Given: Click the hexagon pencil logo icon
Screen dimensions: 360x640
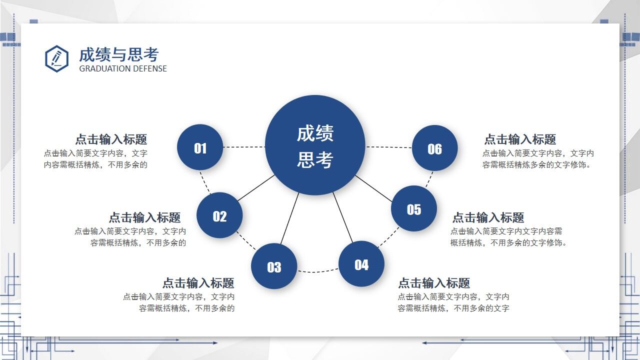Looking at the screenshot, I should click(56, 58).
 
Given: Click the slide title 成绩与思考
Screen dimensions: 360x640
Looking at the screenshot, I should click(118, 54).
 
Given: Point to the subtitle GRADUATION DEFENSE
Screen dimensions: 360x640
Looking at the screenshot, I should click(123, 68).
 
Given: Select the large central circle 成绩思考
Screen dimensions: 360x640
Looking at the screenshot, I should click(315, 145).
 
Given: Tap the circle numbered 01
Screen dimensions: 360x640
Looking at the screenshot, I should click(200, 147).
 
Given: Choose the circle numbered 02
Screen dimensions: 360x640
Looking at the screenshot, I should click(219, 215).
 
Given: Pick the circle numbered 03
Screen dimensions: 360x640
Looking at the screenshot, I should click(274, 266).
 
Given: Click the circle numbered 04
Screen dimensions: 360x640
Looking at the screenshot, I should click(361, 264).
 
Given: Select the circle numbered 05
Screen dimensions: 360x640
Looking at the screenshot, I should click(414, 208).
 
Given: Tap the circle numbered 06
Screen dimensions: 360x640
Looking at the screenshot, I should click(434, 148).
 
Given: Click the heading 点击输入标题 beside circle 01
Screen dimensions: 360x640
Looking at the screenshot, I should click(111, 139).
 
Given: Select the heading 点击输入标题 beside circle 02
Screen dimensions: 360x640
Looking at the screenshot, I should click(144, 217).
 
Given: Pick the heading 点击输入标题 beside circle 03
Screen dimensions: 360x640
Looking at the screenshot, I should click(198, 283).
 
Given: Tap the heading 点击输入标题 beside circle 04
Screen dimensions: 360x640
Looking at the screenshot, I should click(433, 283).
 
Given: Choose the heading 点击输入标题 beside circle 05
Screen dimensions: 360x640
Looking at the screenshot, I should click(488, 217).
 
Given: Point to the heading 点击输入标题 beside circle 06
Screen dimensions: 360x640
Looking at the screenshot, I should click(520, 139).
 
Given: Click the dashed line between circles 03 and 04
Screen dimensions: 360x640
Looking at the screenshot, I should click(317, 272).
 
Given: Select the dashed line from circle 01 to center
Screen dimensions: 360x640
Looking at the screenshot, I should click(244, 147).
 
